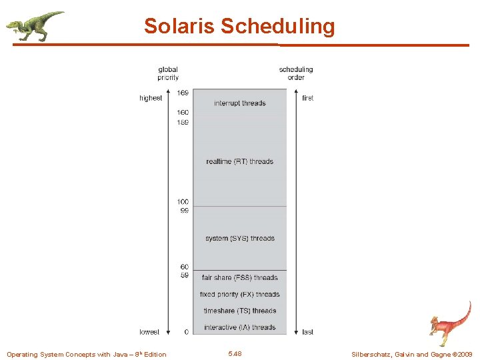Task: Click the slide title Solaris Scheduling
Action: pos(239,27)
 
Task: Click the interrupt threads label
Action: pos(240,103)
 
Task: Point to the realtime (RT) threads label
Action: pos(240,161)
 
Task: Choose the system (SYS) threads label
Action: pos(240,238)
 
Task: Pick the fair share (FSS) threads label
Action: pos(240,277)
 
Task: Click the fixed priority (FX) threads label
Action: pos(240,294)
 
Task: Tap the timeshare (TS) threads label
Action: pos(240,311)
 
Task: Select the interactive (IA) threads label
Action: pos(240,327)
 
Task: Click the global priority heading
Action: pos(168,73)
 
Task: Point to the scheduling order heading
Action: pos(296,73)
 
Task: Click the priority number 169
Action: pos(183,93)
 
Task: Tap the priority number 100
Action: pos(183,201)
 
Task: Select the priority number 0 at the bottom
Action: pos(186,331)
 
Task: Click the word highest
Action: pos(151,98)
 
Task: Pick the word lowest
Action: pos(149,331)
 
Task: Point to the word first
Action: pos(307,98)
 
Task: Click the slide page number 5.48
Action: pos(235,353)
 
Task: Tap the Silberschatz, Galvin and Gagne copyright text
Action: pos(411,354)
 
